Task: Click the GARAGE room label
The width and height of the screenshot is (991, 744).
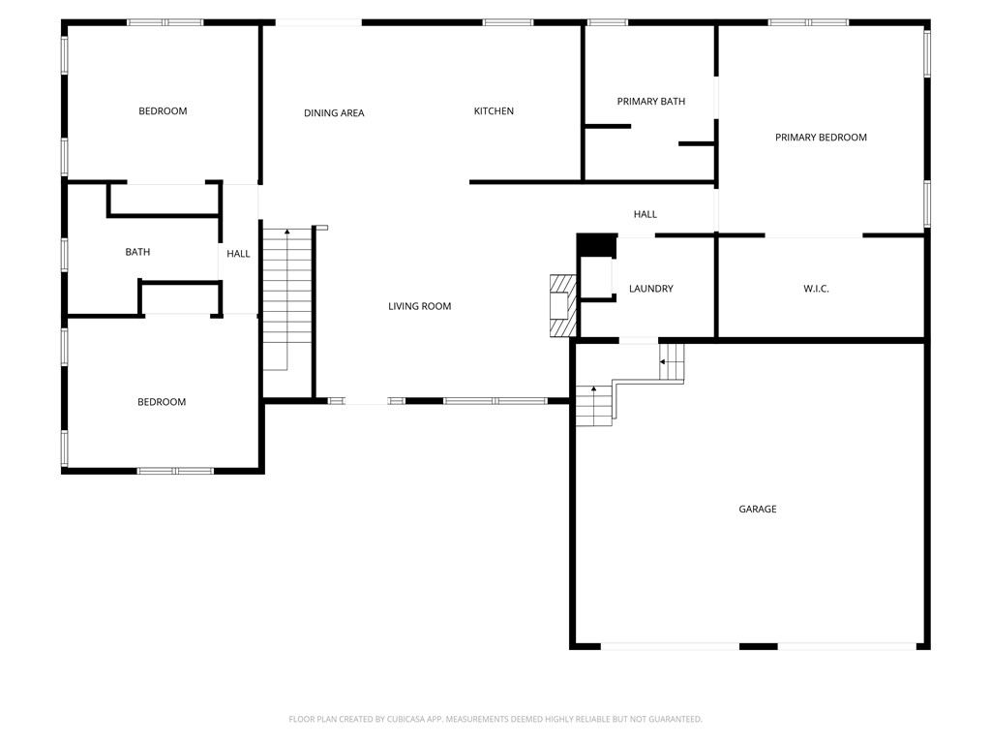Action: click(758, 509)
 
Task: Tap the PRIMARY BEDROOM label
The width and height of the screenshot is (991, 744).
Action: click(821, 138)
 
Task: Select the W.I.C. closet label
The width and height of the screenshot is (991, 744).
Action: click(816, 289)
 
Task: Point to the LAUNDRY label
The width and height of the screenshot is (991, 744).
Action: click(650, 289)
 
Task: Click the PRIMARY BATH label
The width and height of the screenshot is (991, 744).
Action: click(651, 102)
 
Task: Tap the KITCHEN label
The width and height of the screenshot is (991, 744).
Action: click(494, 111)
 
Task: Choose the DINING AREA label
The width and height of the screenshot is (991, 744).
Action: click(334, 113)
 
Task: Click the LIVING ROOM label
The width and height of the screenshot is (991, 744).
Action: click(420, 306)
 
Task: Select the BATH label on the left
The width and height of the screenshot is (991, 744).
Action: click(137, 252)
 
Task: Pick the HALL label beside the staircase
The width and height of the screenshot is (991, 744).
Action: click(238, 254)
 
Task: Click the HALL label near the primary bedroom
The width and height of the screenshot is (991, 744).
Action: click(646, 214)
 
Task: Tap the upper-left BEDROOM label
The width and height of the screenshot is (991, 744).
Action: click(163, 111)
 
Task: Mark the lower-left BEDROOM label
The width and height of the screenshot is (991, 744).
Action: click(162, 402)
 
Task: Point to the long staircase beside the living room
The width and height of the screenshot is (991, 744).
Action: click(286, 300)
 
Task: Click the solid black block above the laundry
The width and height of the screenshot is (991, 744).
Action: click(596, 246)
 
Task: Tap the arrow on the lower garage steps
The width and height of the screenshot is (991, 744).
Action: click(593, 389)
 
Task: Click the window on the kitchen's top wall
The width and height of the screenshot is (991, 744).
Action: click(508, 22)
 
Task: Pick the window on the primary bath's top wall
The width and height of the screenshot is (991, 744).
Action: click(607, 22)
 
